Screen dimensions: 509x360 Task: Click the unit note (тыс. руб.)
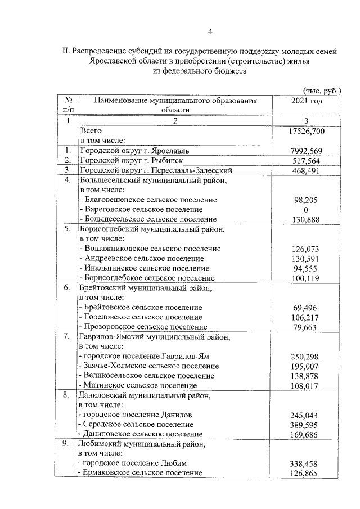tap(321, 91)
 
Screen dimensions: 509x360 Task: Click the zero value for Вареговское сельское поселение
tap(307, 209)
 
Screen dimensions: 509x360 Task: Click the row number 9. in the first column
tap(67, 444)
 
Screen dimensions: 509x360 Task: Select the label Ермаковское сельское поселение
tap(141, 473)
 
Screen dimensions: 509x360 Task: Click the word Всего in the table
tap(92, 130)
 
